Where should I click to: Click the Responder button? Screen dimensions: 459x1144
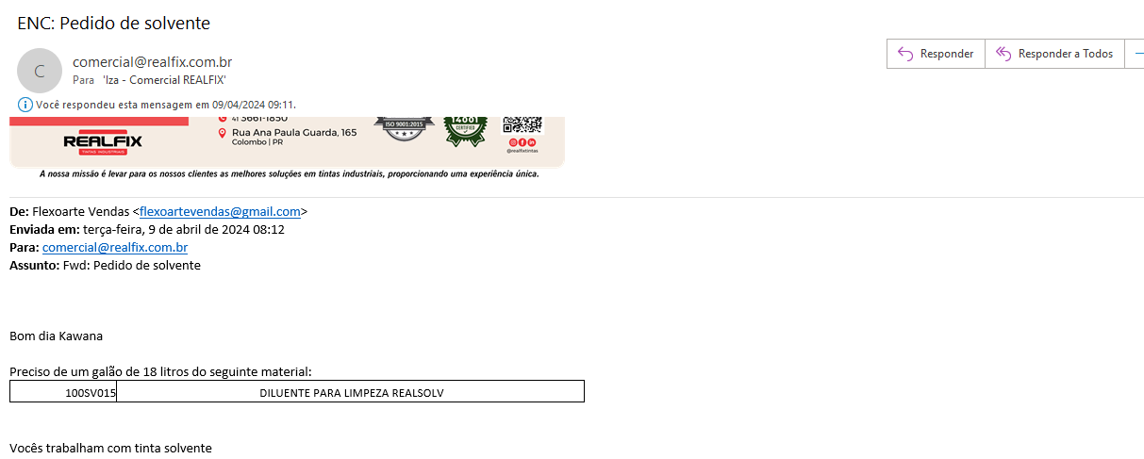point(936,54)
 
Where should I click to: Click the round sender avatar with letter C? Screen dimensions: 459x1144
point(40,70)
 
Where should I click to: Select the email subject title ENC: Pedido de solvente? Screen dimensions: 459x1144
point(113,23)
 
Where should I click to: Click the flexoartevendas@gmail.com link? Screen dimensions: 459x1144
point(220,212)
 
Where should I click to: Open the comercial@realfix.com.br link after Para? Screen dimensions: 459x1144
point(115,248)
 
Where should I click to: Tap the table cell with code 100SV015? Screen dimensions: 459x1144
point(63,392)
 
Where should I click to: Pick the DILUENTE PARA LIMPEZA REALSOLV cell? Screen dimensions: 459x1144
point(351,392)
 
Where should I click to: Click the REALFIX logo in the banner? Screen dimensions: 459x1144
point(103,142)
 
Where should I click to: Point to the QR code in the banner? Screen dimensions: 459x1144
point(522,125)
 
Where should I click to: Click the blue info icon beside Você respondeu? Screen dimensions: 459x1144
point(25,104)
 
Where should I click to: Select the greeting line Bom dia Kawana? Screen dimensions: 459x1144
point(56,336)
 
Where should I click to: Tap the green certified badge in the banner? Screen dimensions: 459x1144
point(465,129)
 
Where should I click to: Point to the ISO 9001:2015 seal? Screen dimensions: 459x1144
point(404,127)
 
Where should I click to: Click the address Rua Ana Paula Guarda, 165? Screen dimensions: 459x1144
point(293,133)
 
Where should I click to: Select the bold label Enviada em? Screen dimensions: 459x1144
point(44,230)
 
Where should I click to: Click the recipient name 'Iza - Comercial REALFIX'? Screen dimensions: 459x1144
point(164,81)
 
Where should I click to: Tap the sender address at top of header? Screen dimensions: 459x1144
point(152,62)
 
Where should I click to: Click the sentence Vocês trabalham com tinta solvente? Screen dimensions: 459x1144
point(110,449)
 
